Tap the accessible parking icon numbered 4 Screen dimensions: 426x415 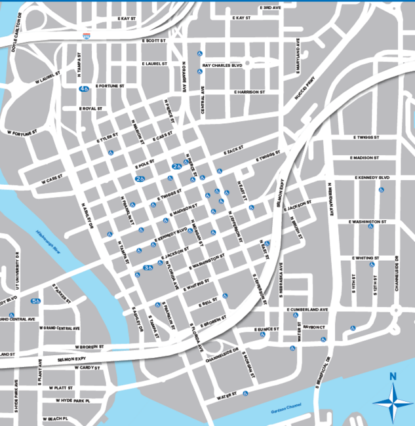(84, 88)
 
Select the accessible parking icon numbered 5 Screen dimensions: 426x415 (35, 301)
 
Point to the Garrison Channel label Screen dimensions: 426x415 (284, 411)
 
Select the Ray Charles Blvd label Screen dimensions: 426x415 (223, 66)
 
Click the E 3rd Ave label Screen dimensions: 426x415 (269, 7)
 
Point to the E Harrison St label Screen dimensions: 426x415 (250, 92)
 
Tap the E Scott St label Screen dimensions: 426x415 (157, 40)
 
